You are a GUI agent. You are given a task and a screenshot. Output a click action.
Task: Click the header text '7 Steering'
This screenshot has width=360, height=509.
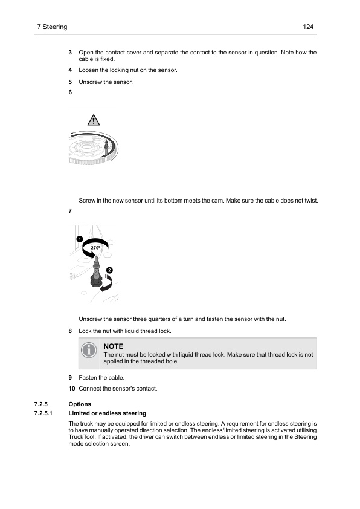click(x=52, y=27)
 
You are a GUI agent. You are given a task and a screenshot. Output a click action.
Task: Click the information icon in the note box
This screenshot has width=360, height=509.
click(x=89, y=350)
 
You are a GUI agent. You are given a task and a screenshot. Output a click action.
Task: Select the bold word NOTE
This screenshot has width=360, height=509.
click(x=114, y=346)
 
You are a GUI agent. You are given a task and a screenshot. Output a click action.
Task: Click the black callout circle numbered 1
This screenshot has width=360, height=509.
click(x=80, y=239)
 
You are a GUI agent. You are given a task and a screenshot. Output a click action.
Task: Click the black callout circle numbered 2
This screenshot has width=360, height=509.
click(x=109, y=269)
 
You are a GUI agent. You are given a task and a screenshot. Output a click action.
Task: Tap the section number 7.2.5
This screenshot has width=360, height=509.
click(x=46, y=404)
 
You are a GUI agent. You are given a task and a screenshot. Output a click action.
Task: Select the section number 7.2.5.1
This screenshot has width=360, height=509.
click(x=48, y=413)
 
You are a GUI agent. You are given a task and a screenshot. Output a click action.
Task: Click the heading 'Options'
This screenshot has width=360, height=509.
click(x=80, y=404)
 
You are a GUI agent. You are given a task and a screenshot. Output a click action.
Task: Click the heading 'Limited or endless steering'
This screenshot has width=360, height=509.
click(x=108, y=413)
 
